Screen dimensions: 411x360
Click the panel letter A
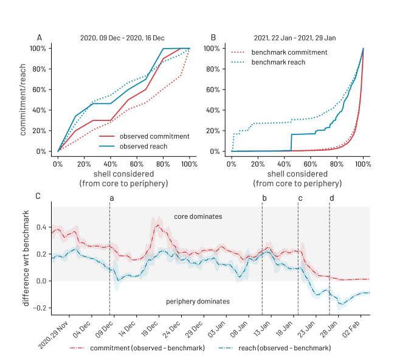[40, 38]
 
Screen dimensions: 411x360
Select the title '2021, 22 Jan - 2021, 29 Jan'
[295, 38]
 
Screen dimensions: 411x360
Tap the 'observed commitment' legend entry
[145, 136]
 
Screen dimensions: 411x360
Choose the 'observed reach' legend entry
[133, 147]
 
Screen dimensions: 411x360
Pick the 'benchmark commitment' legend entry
[279, 52]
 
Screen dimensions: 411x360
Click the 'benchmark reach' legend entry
[268, 62]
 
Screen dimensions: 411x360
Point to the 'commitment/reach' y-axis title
[23, 100]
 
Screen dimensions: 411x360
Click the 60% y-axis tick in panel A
[39, 89]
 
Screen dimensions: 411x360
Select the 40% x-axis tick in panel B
[284, 164]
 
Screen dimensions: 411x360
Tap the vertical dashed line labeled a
[109, 258]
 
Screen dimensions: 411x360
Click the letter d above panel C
[332, 198]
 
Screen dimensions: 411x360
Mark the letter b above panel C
[264, 198]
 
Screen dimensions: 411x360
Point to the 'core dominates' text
[198, 216]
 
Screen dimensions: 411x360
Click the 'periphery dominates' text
[198, 302]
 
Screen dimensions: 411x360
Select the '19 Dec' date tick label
[150, 328]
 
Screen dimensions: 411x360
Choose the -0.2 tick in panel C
[40, 308]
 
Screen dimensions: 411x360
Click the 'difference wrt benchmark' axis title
[26, 258]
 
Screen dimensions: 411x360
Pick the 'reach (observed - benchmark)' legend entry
[275, 348]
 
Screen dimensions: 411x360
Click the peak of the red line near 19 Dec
[157, 225]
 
